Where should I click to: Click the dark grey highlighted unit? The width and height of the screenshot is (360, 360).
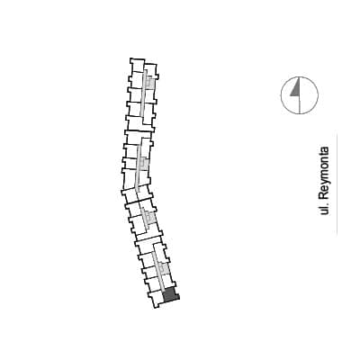(x=170, y=295)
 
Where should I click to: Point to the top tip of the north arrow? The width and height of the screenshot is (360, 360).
(x=300, y=78)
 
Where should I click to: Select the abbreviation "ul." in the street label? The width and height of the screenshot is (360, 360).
(x=324, y=210)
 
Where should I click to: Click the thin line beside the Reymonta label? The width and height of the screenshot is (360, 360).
(x=337, y=183)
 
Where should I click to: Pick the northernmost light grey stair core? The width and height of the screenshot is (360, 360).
(x=150, y=82)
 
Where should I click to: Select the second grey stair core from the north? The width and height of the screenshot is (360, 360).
(x=144, y=164)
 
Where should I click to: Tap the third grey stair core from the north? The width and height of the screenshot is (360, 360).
(x=149, y=217)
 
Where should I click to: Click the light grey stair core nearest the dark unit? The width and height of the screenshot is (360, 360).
(x=164, y=268)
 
